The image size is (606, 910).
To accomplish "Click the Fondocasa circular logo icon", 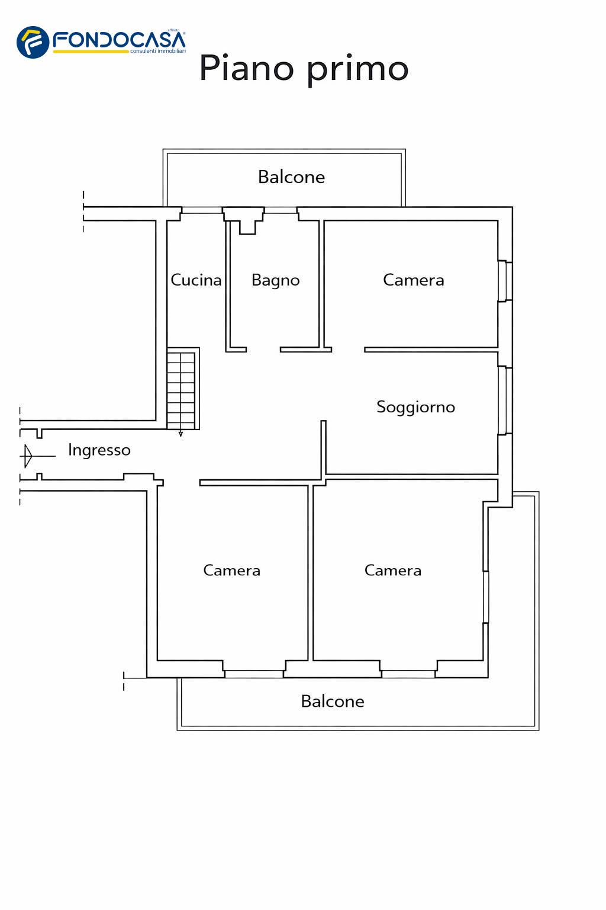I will point(33,42).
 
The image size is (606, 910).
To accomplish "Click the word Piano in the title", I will point(246,68).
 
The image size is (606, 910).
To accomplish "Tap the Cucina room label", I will point(196,280).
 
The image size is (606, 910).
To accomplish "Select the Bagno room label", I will point(275,280).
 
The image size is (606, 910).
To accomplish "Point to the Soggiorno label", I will point(415,407).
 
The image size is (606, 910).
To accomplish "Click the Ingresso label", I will point(99,450).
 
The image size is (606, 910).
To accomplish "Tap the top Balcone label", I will point(291,177).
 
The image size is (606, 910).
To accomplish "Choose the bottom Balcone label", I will point(332,701).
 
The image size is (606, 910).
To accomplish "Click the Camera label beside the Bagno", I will point(413,280).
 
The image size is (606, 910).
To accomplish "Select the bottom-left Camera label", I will point(231,571).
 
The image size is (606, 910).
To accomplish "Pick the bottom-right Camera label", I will point(392,571).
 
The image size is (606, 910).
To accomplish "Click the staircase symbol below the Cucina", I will point(181,389).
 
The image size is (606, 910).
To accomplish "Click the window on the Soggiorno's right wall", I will point(504,401).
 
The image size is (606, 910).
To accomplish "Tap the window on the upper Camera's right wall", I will point(504,281).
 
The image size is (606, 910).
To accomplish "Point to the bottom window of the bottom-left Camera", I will point(254,674).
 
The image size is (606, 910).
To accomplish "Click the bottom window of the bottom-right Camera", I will point(408,674).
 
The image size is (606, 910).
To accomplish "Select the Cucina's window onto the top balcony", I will point(202,210).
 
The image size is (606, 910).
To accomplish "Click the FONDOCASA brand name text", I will point(119,40).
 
